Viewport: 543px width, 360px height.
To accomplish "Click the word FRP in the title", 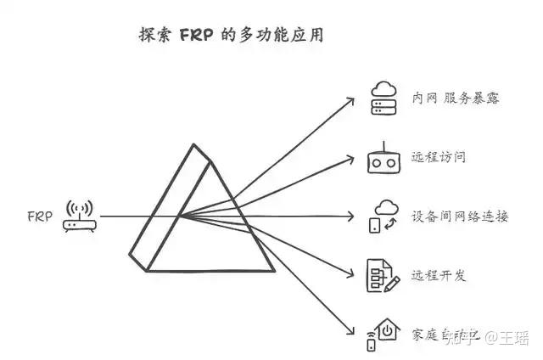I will [x=193, y=37].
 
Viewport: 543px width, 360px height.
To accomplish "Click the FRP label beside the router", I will [x=39, y=217].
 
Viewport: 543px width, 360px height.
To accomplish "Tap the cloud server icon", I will [x=383, y=98].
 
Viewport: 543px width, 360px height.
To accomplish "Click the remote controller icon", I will [x=383, y=158].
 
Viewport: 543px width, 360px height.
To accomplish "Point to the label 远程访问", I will [x=439, y=158].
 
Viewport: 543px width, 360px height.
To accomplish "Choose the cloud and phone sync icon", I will [x=383, y=217].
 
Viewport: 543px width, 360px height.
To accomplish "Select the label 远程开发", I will [x=439, y=277].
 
